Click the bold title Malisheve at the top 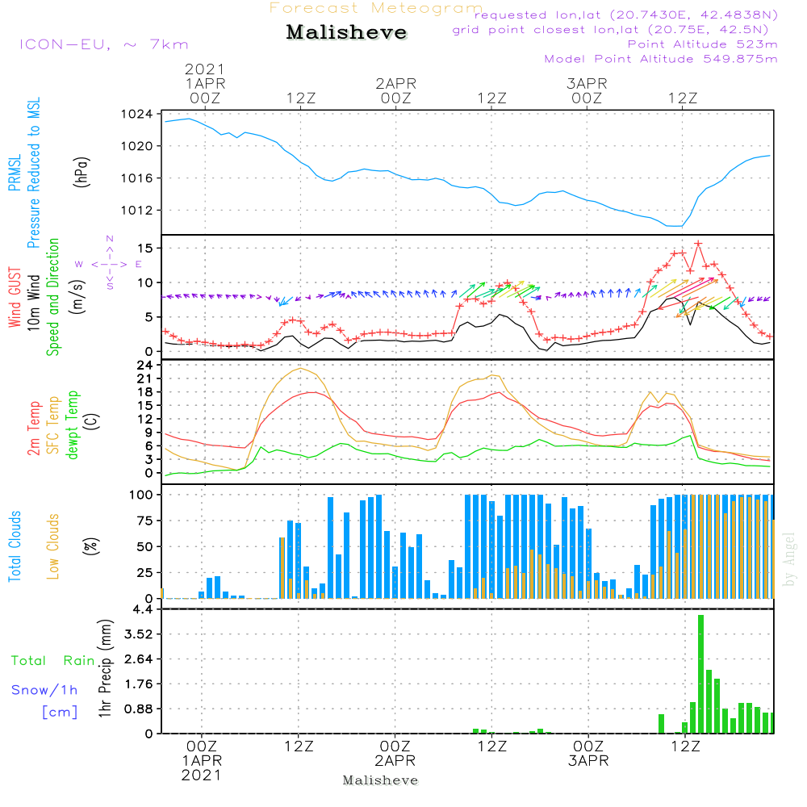(346, 33)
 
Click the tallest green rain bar (700, 674)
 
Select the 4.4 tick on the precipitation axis (142, 608)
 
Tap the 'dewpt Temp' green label (73, 425)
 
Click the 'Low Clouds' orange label (53, 546)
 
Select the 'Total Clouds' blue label (15, 546)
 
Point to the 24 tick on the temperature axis (144, 365)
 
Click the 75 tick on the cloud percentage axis (142, 521)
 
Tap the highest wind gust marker (698, 243)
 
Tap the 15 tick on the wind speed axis (144, 248)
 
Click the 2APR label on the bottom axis (395, 761)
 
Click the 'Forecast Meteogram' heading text (376, 8)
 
